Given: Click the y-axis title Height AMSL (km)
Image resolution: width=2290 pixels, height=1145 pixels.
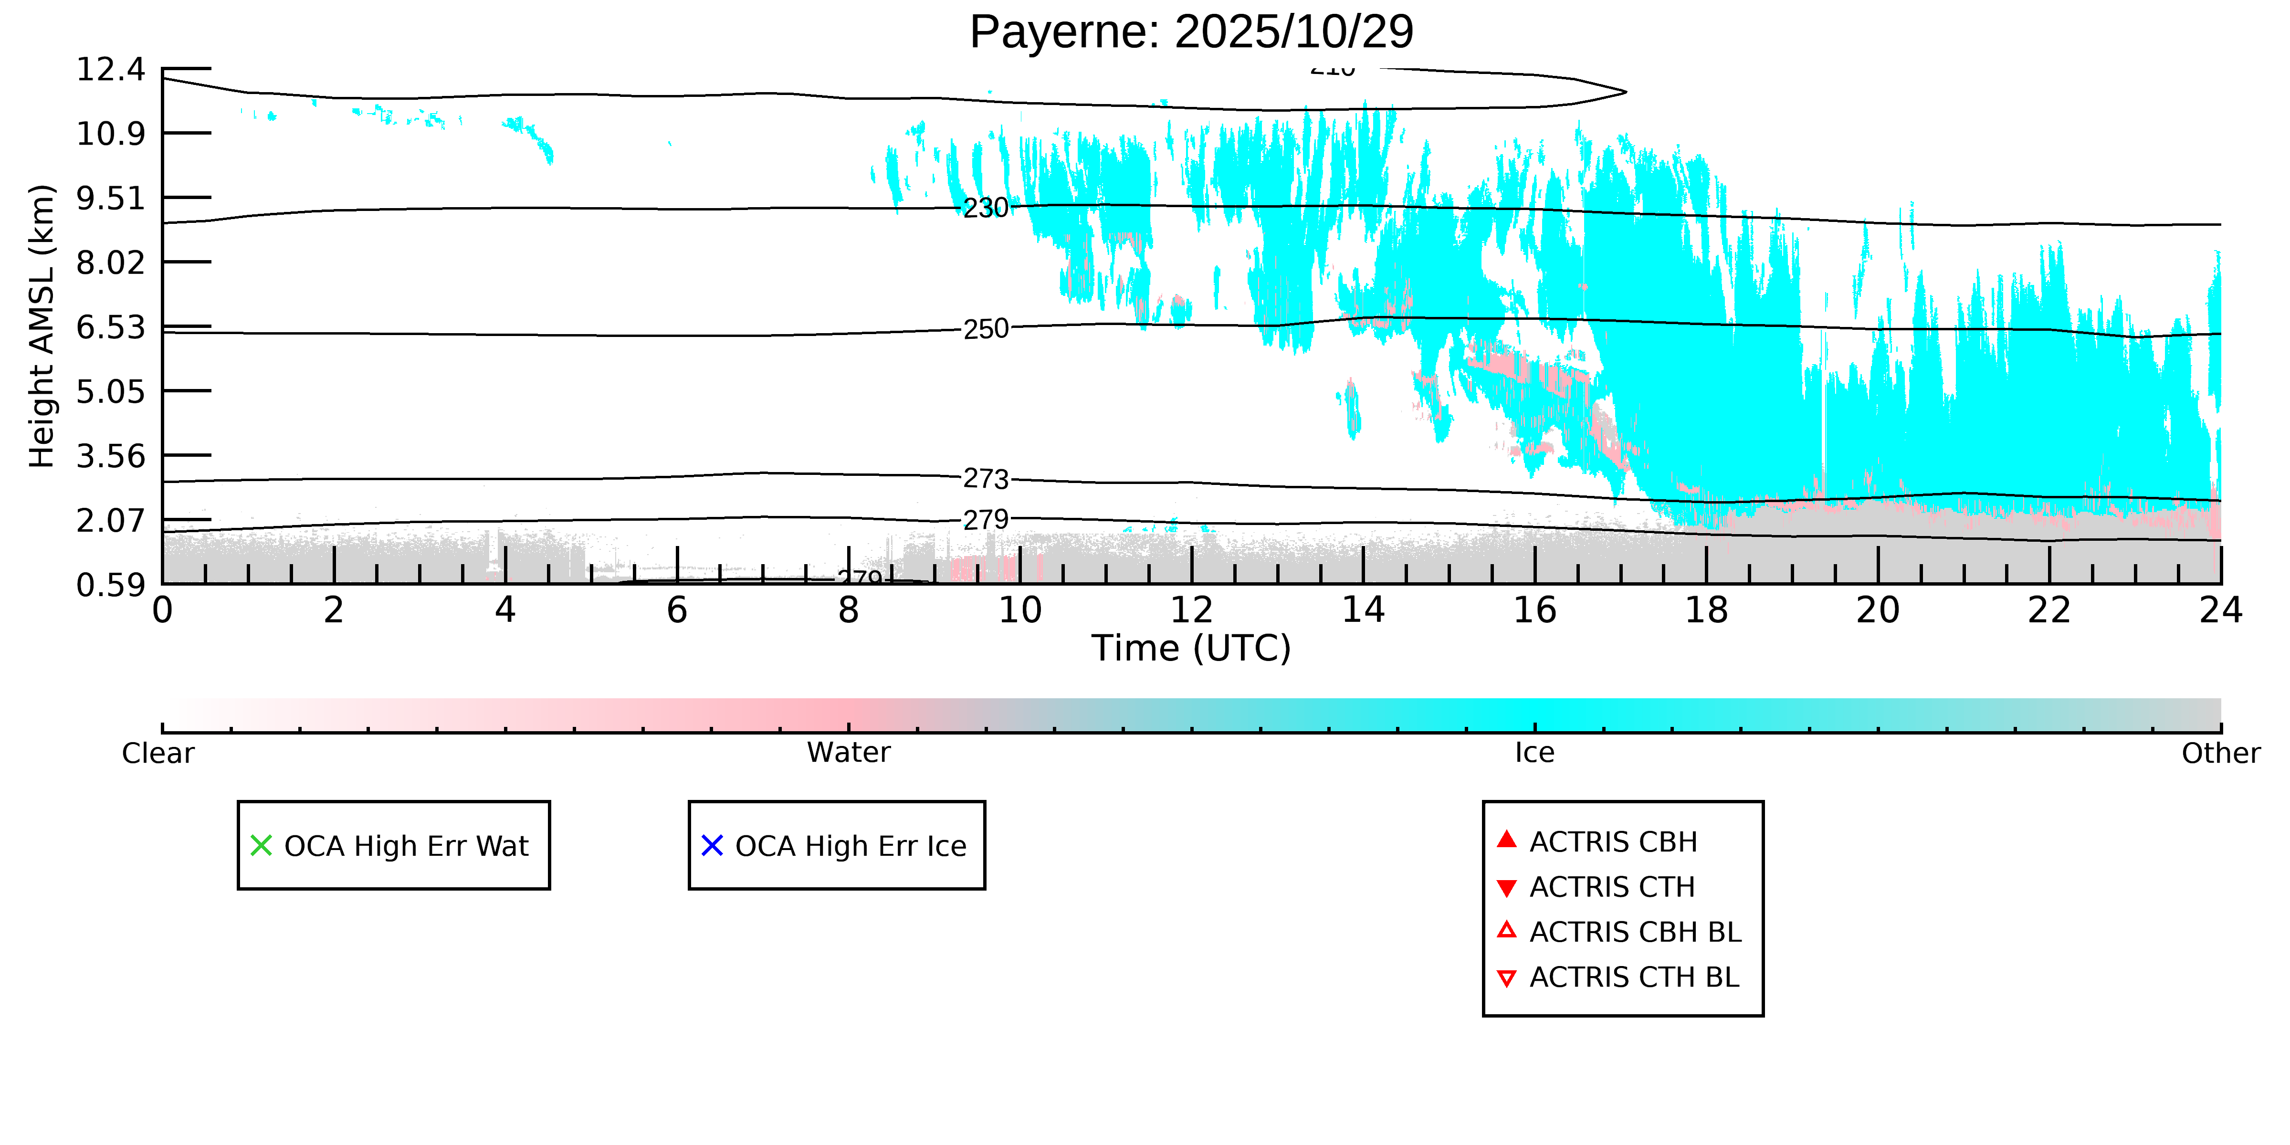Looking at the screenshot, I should point(42,326).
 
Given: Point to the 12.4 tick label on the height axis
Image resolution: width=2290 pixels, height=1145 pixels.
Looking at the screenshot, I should point(110,69).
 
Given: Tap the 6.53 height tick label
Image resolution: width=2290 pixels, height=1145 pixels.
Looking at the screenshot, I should point(110,327).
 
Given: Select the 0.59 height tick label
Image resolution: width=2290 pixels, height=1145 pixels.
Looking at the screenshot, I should point(110,585).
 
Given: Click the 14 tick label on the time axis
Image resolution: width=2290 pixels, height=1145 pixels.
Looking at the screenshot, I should point(1363,611).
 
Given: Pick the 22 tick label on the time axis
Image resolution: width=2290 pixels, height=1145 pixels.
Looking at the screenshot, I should point(2049,611).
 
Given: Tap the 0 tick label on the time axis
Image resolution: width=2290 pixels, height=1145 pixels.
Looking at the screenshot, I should point(163,611).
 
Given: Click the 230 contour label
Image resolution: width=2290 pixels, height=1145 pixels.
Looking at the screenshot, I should point(986,208).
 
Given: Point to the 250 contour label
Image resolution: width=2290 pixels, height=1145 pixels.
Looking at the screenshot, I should point(986,329).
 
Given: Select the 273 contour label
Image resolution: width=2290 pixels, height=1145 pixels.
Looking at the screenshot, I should point(986,479).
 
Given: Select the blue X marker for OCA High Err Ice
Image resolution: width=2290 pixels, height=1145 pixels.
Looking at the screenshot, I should point(712,845).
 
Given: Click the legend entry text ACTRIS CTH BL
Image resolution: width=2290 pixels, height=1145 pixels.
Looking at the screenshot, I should point(1634,977).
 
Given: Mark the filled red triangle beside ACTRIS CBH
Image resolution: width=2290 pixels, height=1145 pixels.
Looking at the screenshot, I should point(1506,839).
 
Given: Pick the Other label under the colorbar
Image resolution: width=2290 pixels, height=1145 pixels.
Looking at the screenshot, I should point(2220,753).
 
